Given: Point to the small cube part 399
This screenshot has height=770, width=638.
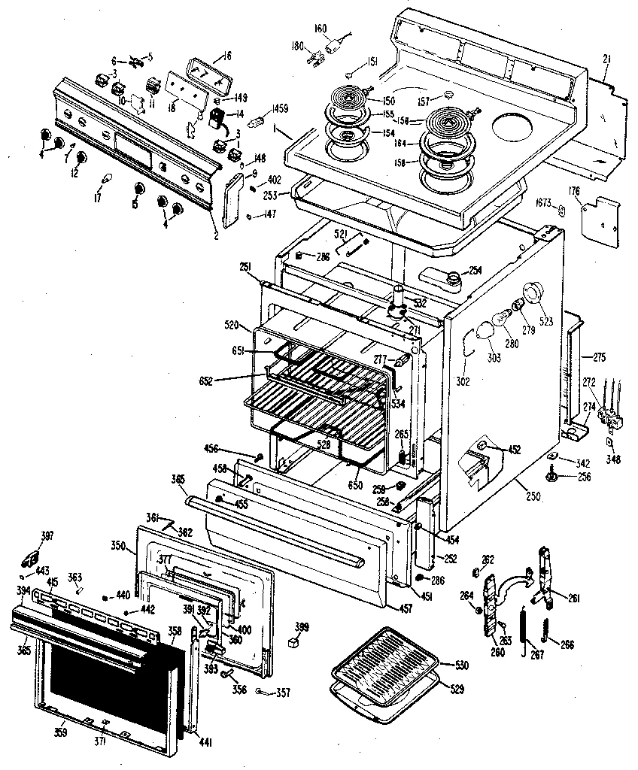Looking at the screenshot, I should tap(296, 644).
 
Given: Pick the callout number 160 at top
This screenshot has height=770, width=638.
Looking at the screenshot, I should tap(321, 29).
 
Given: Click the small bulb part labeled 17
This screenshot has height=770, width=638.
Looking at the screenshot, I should tap(107, 180).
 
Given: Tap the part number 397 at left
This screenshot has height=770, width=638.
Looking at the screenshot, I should tap(47, 536).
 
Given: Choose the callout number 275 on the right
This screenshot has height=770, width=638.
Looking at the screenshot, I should tap(598, 356).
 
